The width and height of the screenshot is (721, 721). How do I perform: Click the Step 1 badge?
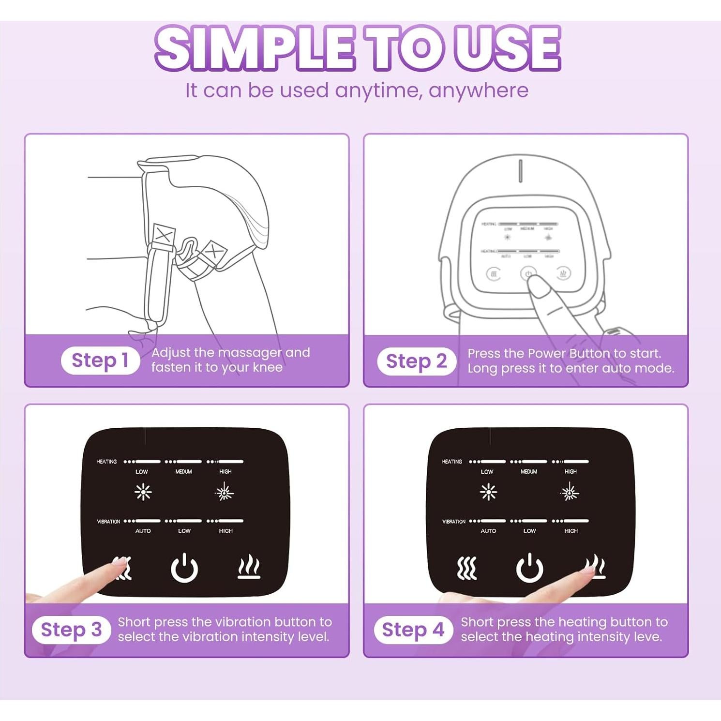[100, 360]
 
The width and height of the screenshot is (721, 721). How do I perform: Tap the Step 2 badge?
[416, 361]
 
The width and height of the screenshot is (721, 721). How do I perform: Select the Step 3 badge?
[71, 630]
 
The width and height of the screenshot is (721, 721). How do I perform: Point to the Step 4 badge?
[413, 630]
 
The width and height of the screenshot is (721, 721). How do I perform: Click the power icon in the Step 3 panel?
[184, 568]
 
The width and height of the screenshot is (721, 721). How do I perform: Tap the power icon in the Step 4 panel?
[530, 568]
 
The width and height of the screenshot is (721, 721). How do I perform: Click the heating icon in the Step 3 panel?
[249, 567]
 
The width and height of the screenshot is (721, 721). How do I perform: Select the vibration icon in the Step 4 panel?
[467, 568]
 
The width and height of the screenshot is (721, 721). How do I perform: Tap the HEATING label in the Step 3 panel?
[106, 462]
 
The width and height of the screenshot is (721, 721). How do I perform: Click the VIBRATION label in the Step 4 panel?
[453, 522]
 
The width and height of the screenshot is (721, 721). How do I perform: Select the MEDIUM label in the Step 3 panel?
[183, 472]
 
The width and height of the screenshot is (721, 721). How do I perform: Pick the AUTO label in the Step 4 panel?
[488, 531]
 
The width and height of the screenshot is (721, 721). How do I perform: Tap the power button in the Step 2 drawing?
[528, 274]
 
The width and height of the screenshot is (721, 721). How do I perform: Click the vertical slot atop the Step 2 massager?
[521, 171]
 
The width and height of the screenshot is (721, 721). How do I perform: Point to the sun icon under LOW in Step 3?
[143, 492]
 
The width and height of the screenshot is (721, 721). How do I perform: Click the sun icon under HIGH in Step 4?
[570, 493]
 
